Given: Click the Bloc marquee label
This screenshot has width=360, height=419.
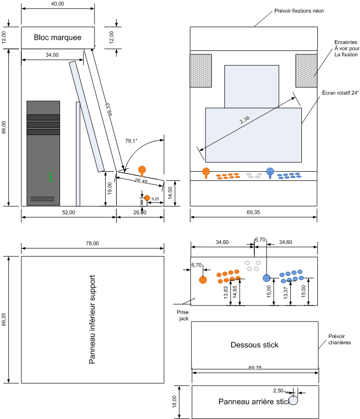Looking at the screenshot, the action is click(x=58, y=37).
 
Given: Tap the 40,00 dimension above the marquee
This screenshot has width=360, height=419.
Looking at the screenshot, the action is click(x=58, y=4).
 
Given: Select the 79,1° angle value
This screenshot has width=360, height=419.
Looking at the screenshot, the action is click(x=131, y=141).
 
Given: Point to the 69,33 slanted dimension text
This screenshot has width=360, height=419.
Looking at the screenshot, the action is click(x=110, y=110).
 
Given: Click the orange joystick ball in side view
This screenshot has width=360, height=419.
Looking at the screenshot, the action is click(x=142, y=170).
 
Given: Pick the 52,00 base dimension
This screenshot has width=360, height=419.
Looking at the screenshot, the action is click(x=69, y=212).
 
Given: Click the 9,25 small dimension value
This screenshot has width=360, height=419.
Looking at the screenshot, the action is click(x=155, y=199).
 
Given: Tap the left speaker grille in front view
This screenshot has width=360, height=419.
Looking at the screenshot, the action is click(x=201, y=71).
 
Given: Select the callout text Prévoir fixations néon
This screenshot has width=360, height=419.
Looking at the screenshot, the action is click(x=299, y=11).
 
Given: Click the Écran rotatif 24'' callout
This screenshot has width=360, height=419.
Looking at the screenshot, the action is click(x=341, y=93).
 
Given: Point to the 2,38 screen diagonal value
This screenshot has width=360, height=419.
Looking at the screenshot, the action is click(x=245, y=119).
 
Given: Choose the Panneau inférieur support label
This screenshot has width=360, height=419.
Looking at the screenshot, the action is click(x=92, y=319).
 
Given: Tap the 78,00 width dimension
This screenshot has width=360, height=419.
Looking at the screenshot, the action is click(x=93, y=243).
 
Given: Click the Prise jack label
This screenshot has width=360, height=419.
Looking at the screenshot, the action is click(x=183, y=315).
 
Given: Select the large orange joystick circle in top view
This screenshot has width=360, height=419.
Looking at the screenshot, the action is click(x=203, y=280).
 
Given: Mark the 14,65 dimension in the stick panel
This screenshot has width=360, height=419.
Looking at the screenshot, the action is click(x=235, y=292).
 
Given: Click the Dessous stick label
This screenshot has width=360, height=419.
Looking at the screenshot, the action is click(x=254, y=345).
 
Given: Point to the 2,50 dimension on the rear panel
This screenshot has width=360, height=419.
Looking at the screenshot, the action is click(x=278, y=391).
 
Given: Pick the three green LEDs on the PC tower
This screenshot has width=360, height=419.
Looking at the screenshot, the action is click(x=50, y=177).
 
